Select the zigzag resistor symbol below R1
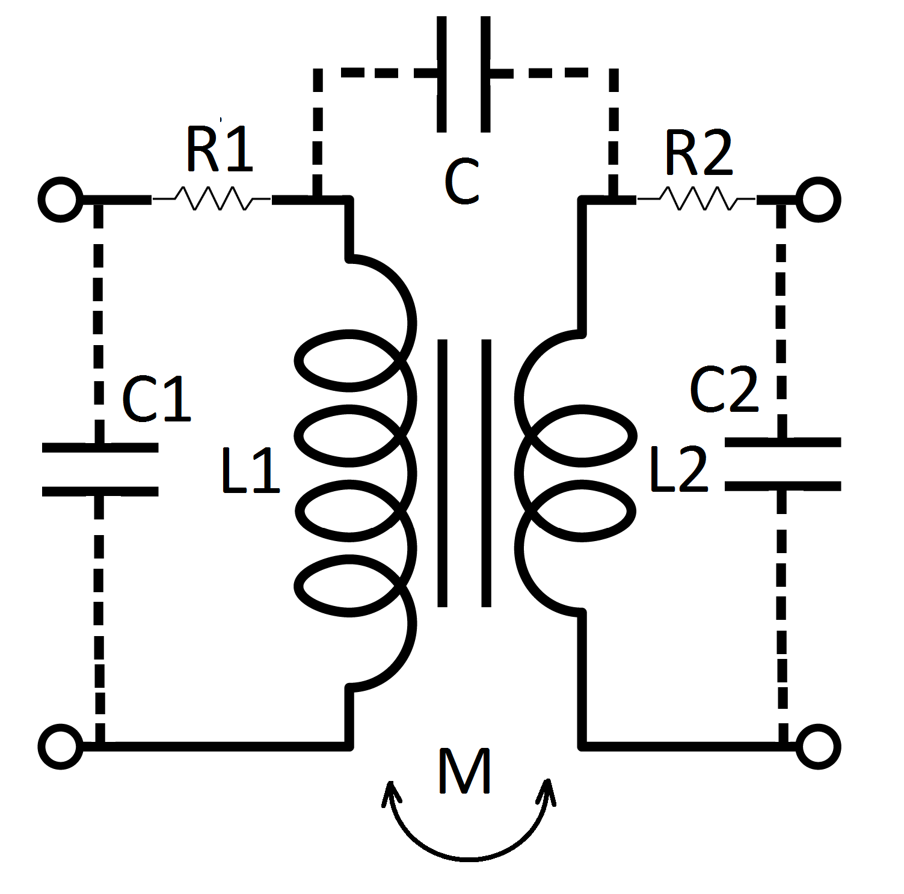[x=211, y=198]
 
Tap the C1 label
[x=156, y=399]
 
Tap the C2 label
[x=724, y=391]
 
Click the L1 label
[x=250, y=471]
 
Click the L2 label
[x=678, y=471]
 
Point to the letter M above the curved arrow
[x=464, y=771]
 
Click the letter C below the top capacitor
[x=462, y=182]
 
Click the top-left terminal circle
[x=60, y=200]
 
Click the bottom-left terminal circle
[x=60, y=747]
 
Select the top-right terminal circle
[x=818, y=200]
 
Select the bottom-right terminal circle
[x=818, y=747]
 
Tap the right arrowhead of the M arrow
[x=547, y=790]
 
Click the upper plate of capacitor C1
[x=100, y=447]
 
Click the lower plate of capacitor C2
[x=782, y=486]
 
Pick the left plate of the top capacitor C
[x=442, y=73]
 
